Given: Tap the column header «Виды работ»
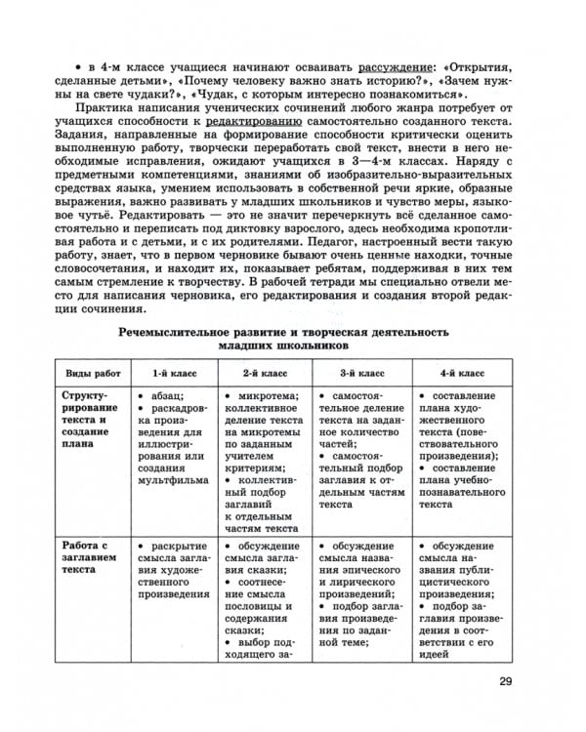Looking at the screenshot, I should pos(94,373).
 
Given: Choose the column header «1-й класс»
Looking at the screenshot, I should pos(173,373).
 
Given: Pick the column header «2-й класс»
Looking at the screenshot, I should pos(265,373).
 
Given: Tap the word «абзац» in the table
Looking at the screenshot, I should pos(171,397).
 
